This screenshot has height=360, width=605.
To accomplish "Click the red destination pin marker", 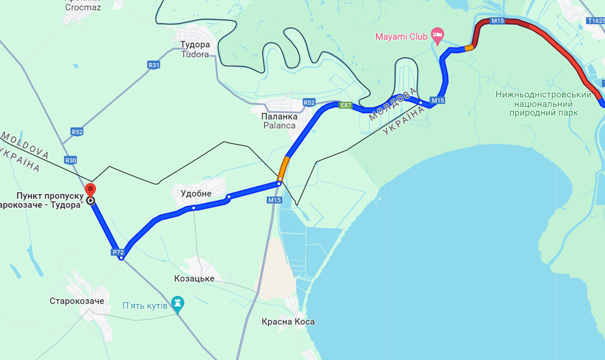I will (90, 190).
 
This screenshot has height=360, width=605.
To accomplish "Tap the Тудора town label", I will (195, 45).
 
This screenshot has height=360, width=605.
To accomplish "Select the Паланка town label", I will (280, 116).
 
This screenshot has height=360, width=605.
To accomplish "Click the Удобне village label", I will (196, 194).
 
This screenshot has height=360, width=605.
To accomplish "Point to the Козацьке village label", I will (194, 278).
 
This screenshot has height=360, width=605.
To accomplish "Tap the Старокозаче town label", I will (77, 301).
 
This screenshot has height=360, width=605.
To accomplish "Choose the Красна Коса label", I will (288, 322).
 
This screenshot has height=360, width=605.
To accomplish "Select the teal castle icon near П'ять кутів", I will (177, 303).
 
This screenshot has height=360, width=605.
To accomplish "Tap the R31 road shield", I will (154, 65).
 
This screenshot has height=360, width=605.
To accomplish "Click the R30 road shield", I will (71, 160).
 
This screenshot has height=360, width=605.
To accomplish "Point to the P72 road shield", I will (118, 252).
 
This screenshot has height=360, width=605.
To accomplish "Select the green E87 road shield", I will (345, 105).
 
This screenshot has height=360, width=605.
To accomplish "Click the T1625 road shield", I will (596, 21).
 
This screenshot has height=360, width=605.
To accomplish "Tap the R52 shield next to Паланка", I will (309, 102).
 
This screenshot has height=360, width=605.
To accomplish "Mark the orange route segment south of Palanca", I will (284, 168).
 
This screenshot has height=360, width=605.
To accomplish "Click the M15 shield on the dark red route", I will (497, 21).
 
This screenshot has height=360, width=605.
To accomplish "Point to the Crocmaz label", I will (83, 7).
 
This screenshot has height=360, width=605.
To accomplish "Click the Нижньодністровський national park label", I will (544, 104).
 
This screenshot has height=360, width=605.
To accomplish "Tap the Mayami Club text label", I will (402, 36).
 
